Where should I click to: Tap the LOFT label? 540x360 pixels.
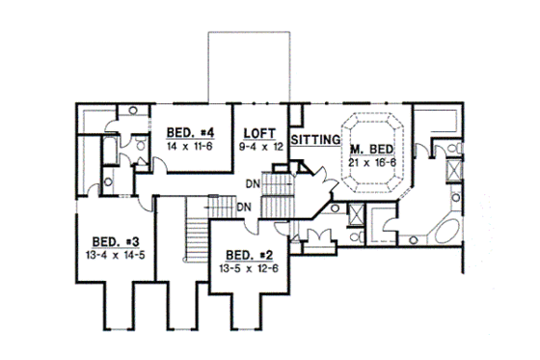(x=260, y=132)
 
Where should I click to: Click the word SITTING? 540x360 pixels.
(x=315, y=140)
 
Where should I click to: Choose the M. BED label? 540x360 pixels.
(x=371, y=149)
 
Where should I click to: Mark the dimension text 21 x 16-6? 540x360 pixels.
(x=371, y=162)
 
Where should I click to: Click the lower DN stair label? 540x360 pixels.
(x=244, y=207)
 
